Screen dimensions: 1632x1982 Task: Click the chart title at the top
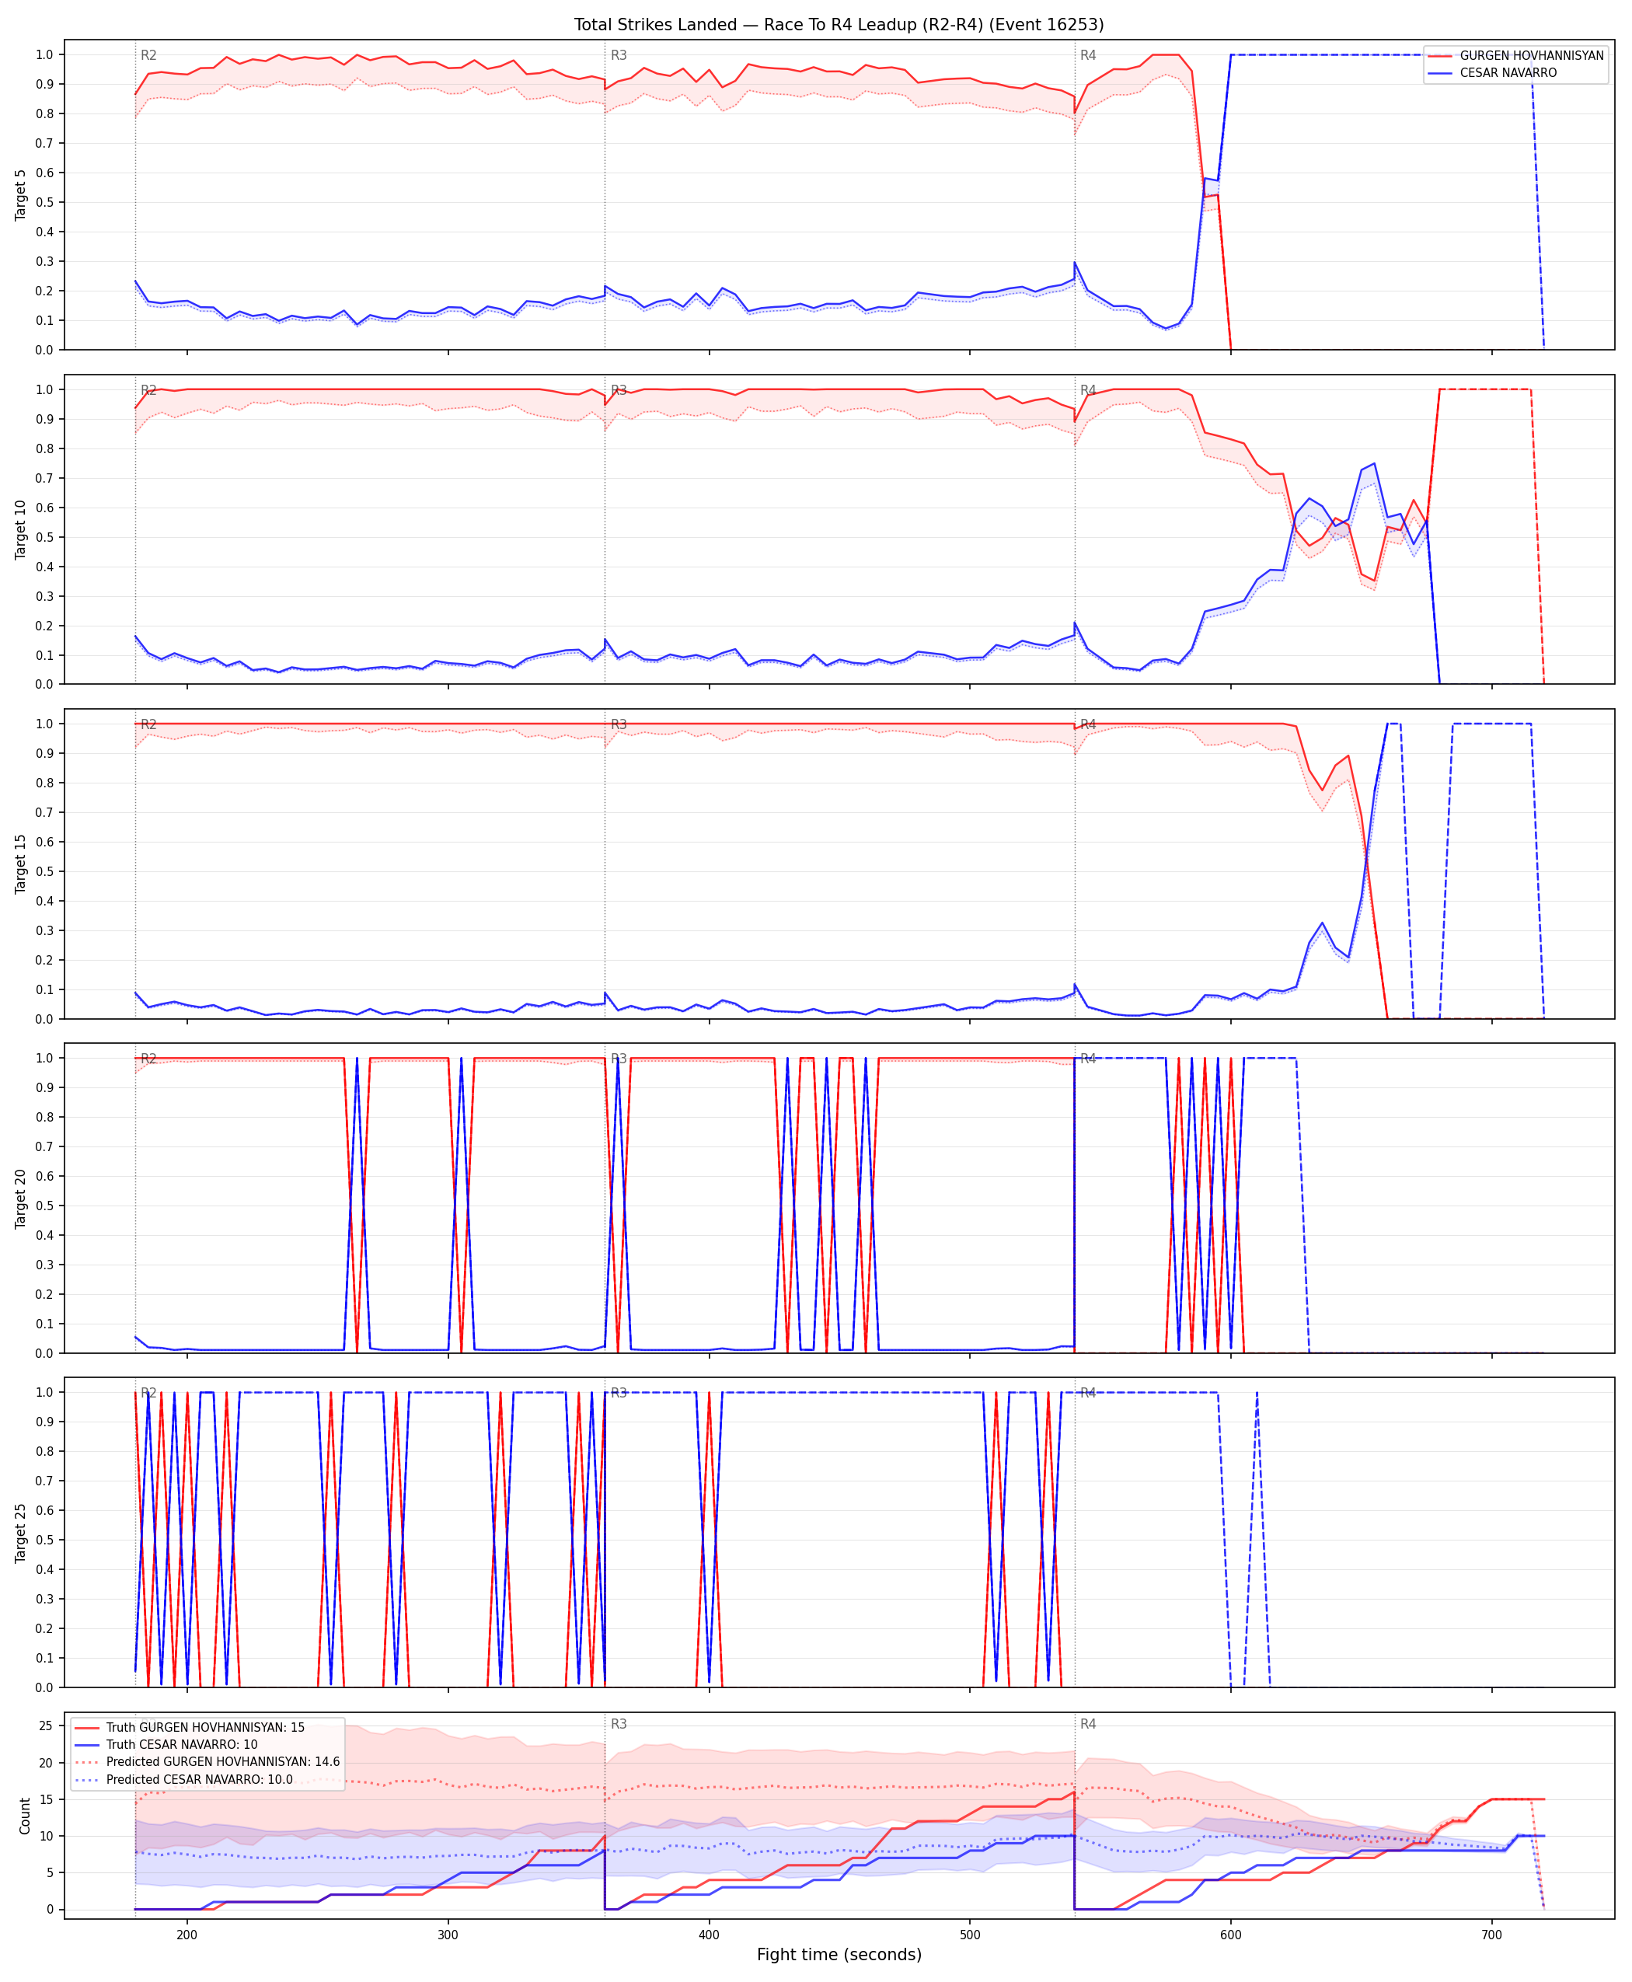click(x=839, y=24)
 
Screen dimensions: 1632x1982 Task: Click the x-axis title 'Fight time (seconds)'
click(x=839, y=1954)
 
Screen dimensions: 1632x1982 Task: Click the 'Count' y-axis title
click(x=24, y=1816)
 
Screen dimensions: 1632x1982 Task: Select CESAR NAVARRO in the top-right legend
click(x=1508, y=72)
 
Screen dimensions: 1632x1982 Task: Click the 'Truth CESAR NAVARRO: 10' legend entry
click(x=181, y=1744)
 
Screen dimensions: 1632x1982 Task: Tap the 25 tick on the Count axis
click(x=45, y=1726)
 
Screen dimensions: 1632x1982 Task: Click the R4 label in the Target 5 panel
click(x=1088, y=55)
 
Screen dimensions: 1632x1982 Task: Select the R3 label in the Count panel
click(x=619, y=1725)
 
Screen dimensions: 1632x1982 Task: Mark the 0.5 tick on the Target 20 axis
click(x=44, y=1206)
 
